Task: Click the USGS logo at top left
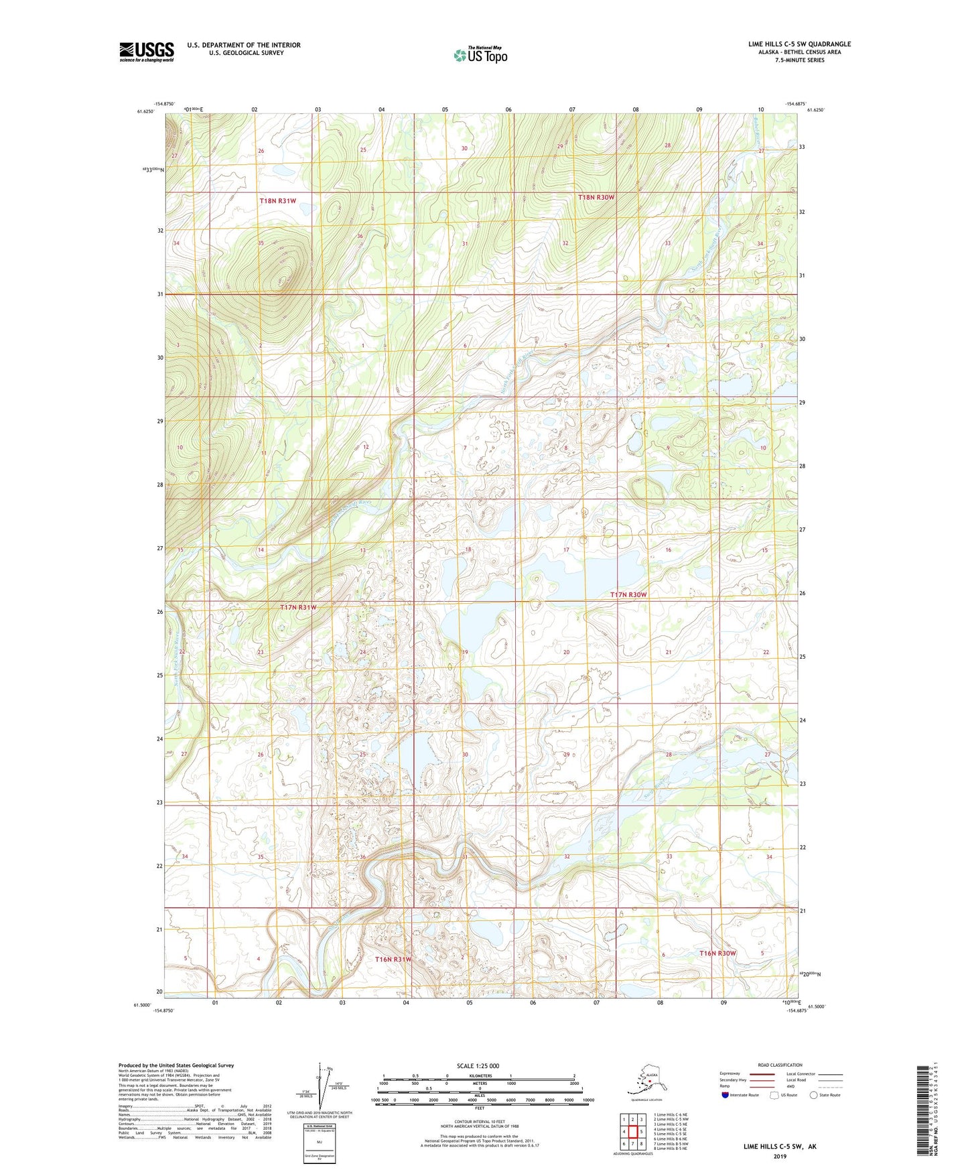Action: (146, 52)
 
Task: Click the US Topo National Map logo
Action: (480, 55)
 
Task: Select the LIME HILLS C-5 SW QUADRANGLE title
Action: (799, 44)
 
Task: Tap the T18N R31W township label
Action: (277, 201)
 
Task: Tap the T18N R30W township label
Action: (596, 198)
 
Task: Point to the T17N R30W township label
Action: (628, 595)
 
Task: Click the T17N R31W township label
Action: (297, 607)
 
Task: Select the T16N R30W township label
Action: (717, 953)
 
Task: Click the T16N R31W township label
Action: (393, 960)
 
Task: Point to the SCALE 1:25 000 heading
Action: (478, 1066)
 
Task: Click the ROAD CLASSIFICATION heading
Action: (780, 1065)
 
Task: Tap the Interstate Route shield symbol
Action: (725, 1095)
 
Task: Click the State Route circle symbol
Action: (814, 1095)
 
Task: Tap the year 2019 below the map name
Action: (779, 1156)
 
